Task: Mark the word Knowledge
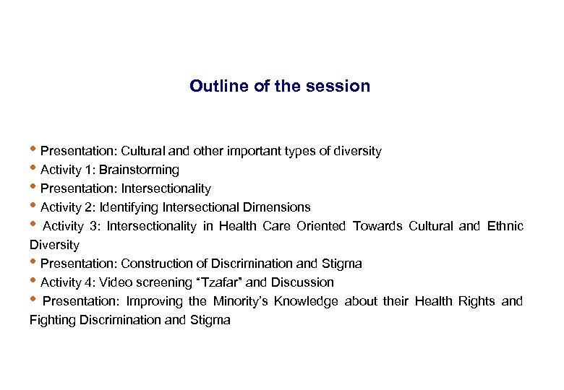pos(307,301)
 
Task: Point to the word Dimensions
pos(278,207)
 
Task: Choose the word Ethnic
pos(505,226)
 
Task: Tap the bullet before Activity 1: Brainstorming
pos(34,170)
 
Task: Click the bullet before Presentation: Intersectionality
pos(34,188)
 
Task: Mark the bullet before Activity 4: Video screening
pos(34,282)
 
